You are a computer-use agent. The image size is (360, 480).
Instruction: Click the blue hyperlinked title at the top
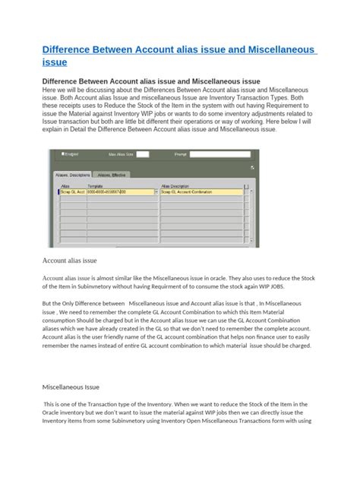178,56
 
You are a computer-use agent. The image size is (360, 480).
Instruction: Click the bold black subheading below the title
150,81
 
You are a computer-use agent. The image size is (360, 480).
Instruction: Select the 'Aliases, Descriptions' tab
74,174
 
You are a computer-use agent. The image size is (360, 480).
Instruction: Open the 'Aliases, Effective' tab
112,174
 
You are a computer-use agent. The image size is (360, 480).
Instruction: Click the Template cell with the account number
119,192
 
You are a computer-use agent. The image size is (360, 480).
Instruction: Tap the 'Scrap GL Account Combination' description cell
201,192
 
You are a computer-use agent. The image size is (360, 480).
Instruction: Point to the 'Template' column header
95,185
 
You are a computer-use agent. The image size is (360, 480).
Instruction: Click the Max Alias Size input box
142,154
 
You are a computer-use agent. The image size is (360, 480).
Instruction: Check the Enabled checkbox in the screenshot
55,153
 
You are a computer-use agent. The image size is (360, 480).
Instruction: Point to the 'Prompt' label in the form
181,154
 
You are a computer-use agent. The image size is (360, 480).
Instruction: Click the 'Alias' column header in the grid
65,185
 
